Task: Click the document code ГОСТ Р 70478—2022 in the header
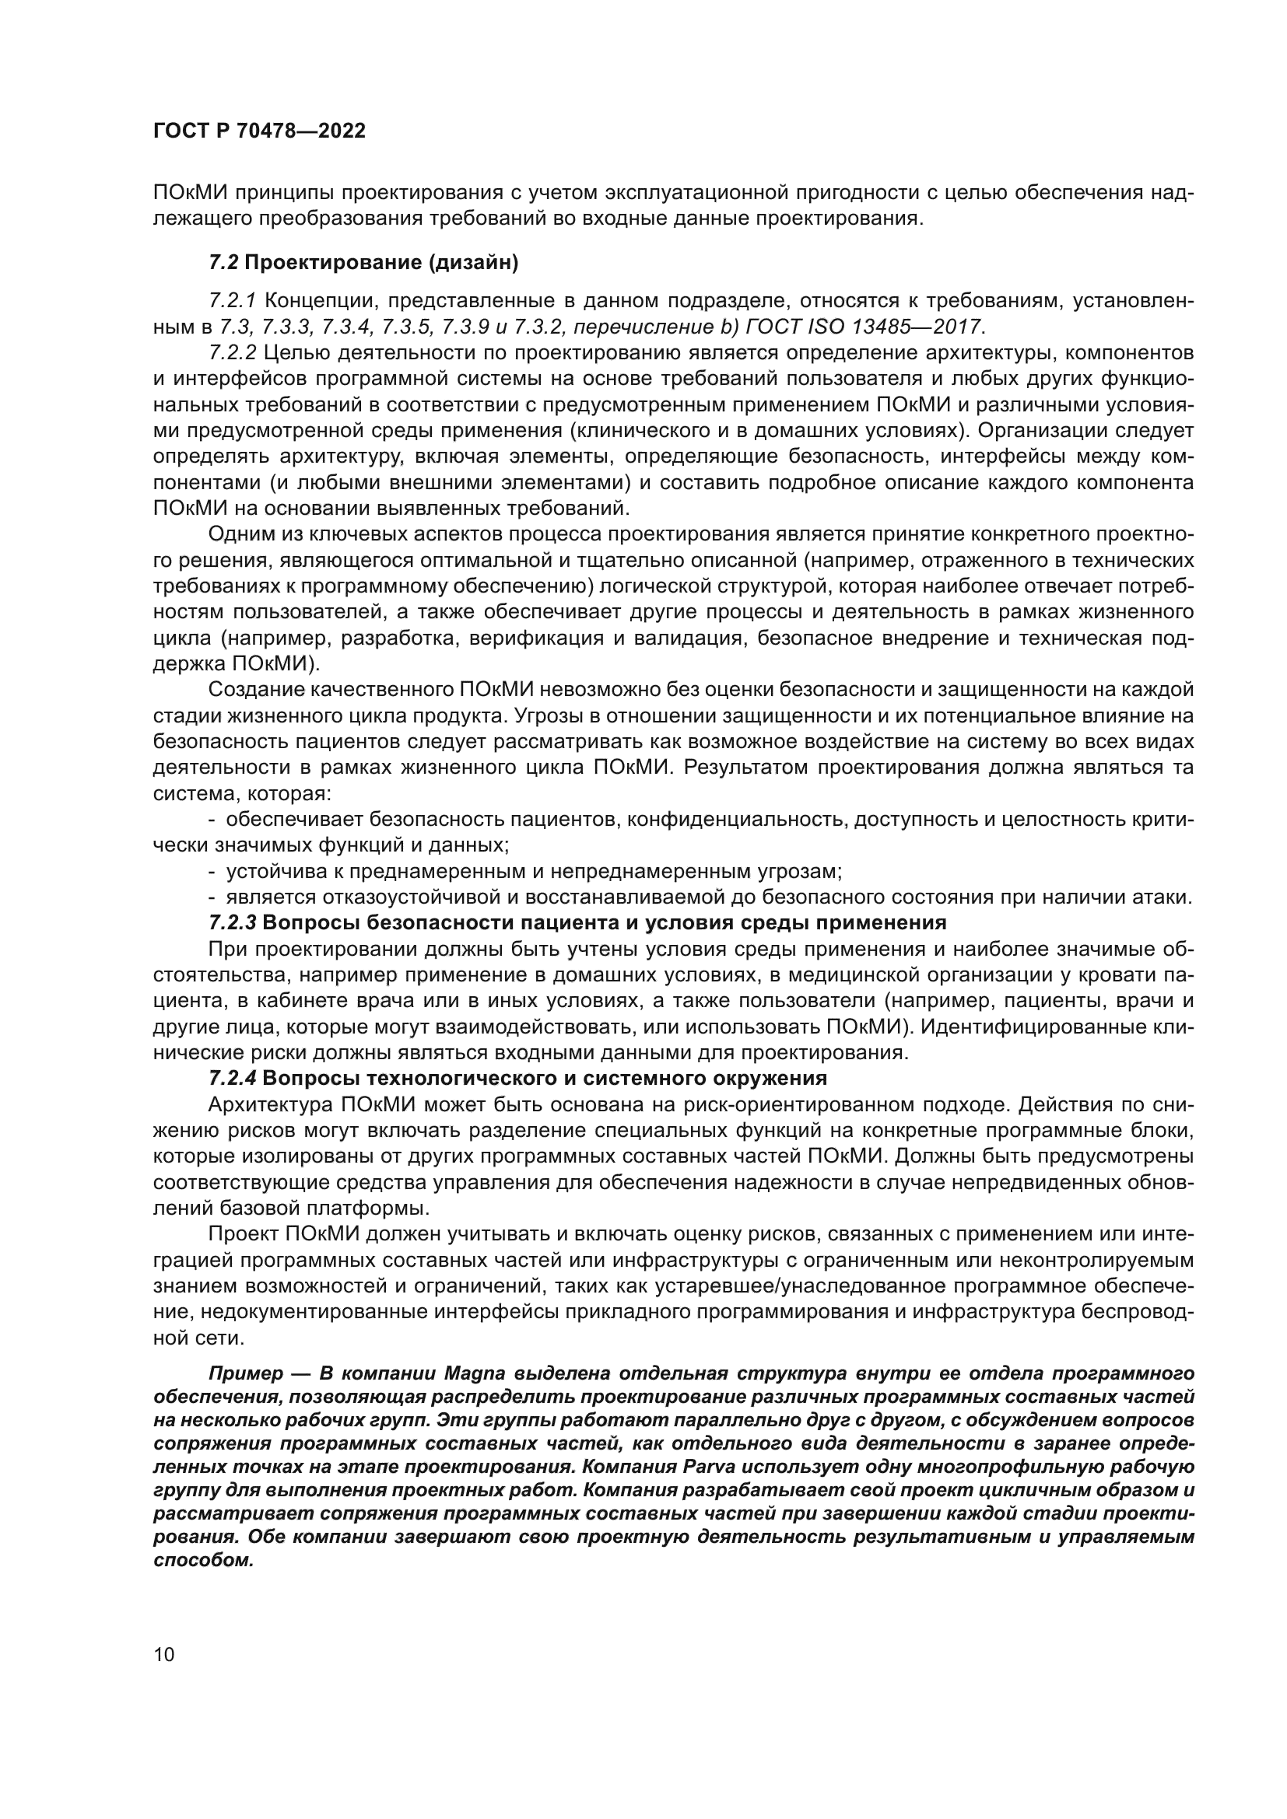coord(259,131)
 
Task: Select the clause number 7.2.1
coord(233,301)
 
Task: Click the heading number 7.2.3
coord(233,923)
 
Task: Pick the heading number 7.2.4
coord(233,1078)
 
